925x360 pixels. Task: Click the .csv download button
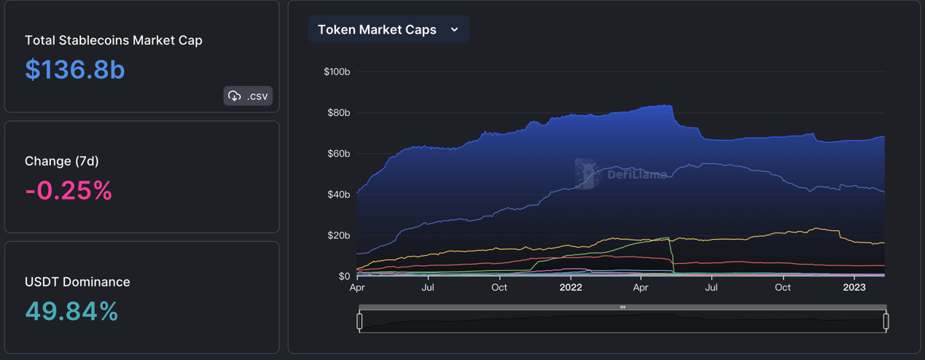248,96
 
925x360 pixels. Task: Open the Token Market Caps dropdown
388,30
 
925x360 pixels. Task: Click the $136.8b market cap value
75,70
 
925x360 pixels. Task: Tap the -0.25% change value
69,191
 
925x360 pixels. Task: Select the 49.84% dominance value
71,312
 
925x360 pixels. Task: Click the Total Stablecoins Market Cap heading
114,41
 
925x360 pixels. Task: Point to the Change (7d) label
62,161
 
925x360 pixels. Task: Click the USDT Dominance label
77,282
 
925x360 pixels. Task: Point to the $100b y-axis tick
337,72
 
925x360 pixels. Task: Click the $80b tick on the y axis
338,113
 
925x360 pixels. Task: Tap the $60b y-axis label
338,154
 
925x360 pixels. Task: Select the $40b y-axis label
338,195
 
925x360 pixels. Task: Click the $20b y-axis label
338,235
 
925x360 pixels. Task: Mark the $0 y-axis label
344,276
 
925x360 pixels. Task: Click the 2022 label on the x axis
571,288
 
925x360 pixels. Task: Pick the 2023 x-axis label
854,288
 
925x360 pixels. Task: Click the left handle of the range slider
359,321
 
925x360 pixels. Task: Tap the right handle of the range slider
886,321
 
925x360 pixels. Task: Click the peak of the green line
668,238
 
